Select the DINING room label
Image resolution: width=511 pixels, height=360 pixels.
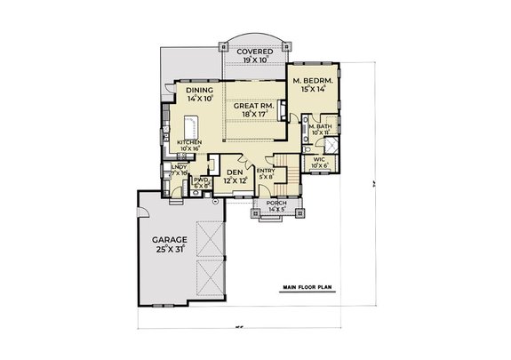pos(199,90)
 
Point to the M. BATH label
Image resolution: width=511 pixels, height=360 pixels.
pos(321,126)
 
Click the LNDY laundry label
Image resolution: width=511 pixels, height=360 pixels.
pos(179,166)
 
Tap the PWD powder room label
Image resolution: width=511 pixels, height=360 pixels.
pos(200,180)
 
